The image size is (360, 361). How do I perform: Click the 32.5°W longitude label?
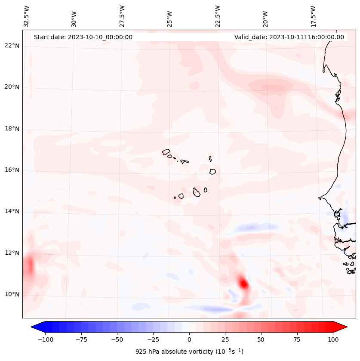27,16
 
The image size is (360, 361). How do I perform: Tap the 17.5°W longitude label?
314,16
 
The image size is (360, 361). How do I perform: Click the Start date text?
83,37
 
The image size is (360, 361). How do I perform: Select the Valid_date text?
289,37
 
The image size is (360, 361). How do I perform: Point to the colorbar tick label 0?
189,339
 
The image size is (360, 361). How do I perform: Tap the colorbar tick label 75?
297,339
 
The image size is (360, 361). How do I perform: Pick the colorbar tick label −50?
117,339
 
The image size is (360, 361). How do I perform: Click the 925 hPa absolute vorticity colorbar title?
189,352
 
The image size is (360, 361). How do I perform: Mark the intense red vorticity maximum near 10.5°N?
243,284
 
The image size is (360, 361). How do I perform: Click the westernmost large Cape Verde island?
166,151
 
